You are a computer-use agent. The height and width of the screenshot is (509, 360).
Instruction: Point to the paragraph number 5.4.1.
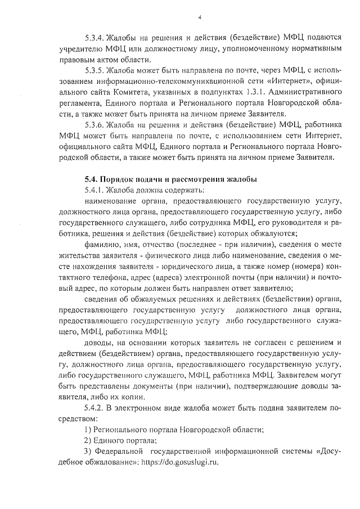[x=93, y=190]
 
